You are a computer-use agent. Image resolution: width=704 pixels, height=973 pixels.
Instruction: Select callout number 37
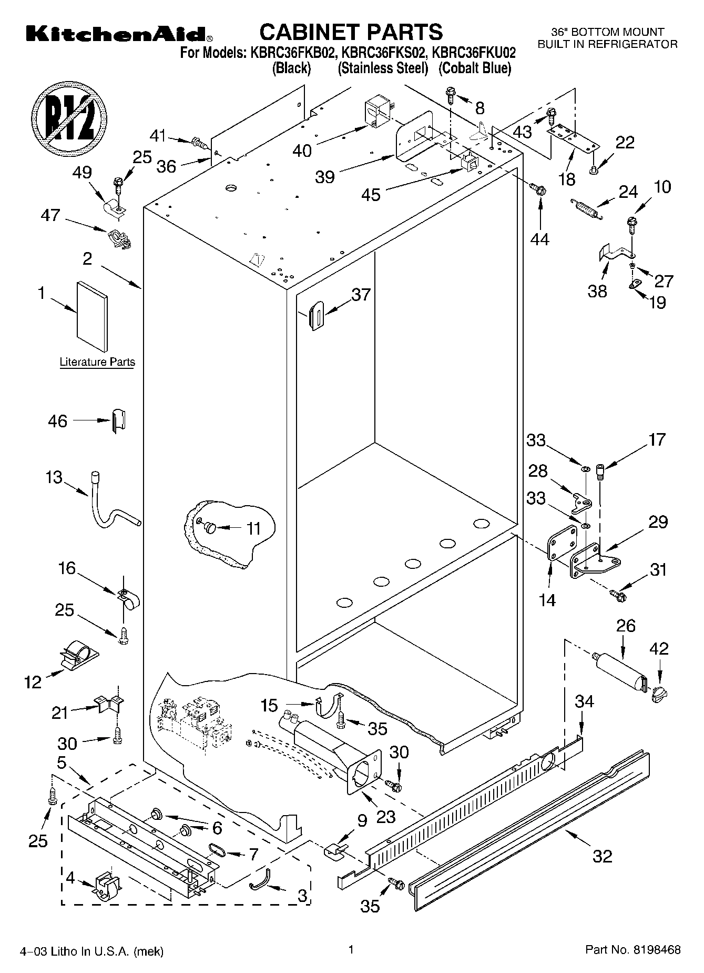pos(361,295)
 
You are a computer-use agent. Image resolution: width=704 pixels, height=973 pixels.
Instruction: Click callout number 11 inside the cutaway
pos(254,528)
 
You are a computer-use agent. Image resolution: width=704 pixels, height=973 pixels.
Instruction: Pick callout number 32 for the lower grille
pos(602,857)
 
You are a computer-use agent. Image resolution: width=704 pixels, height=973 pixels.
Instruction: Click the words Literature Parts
pos(97,362)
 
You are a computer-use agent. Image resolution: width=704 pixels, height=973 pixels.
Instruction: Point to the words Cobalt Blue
pos(475,68)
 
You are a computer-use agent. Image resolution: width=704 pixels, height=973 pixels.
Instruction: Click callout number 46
pos(58,421)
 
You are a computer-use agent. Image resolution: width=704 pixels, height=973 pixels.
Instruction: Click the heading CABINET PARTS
pos(351,32)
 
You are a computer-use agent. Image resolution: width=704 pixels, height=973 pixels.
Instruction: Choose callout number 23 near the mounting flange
pos(386,816)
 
